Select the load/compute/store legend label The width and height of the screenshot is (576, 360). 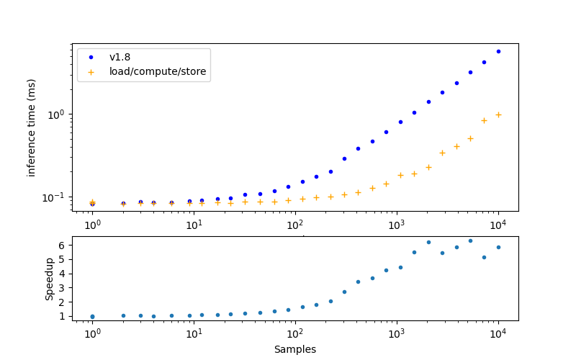[x=158, y=71]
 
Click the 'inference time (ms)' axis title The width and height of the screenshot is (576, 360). [x=32, y=127]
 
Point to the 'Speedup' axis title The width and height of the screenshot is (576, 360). [x=50, y=279]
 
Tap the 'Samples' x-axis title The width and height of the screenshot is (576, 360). [x=294, y=349]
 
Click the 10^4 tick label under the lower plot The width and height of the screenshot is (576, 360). [x=498, y=334]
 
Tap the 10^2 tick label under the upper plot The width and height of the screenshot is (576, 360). [x=294, y=225]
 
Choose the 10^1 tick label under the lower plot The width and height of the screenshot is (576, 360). [x=193, y=334]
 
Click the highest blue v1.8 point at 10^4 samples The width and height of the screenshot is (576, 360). [x=498, y=51]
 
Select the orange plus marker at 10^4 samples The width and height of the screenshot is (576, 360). [x=498, y=114]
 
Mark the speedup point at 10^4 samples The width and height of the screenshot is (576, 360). [x=498, y=247]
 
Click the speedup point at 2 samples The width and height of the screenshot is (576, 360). [x=123, y=315]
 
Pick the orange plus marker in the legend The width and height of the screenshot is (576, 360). [x=91, y=71]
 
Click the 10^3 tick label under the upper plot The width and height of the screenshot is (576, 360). [x=396, y=225]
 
